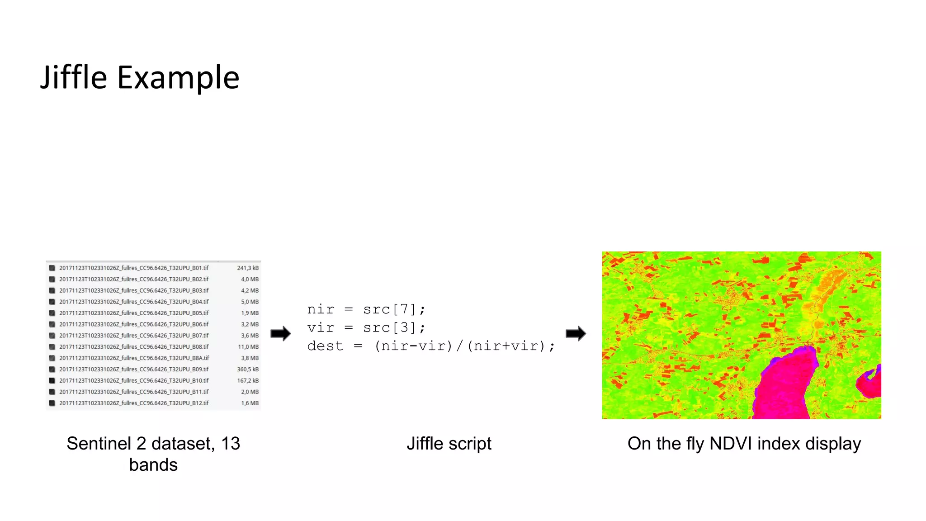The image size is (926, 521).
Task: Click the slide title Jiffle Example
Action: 140,77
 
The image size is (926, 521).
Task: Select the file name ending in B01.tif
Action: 134,268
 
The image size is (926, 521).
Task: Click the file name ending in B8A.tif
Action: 134,358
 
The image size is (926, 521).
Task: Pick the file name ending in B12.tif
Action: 134,403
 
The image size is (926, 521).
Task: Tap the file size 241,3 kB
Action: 248,268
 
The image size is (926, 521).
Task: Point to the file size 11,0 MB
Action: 248,347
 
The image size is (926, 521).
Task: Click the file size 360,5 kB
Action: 248,369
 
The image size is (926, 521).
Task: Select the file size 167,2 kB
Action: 248,380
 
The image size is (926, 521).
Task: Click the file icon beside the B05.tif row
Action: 52,313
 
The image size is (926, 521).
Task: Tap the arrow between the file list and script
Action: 281,334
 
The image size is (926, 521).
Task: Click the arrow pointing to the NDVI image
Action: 576,334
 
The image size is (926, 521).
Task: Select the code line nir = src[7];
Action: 366,309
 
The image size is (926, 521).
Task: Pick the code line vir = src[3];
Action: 366,327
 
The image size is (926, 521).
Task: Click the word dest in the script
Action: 325,346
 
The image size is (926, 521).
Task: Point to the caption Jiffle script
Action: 449,444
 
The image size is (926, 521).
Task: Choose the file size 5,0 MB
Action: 250,302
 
